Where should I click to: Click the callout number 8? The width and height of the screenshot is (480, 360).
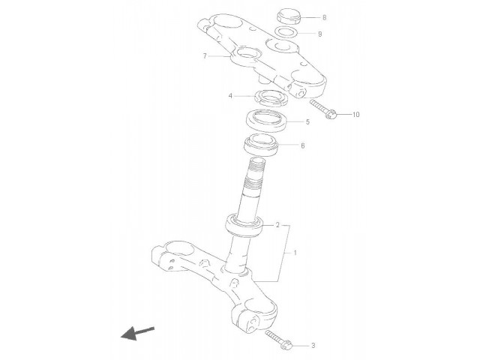click(325, 17)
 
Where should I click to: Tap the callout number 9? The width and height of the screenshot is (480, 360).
click(320, 34)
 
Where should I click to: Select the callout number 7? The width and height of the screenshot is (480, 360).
click(205, 56)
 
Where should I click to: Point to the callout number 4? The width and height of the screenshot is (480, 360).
click(230, 96)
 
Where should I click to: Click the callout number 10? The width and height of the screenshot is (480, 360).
click(355, 115)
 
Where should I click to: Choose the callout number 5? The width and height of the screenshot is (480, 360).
click(307, 121)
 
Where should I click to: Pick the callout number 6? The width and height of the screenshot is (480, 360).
click(303, 145)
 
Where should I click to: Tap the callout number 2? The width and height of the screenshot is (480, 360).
click(277, 225)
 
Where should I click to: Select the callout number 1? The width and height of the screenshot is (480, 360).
click(295, 253)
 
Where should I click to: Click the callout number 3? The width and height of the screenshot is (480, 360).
click(313, 346)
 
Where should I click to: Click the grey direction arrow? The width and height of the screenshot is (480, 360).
click(137, 333)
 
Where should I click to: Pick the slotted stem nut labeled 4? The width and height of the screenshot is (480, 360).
click(271, 98)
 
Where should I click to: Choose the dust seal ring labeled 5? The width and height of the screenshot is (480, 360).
click(267, 121)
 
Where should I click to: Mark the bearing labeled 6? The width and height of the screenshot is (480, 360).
click(261, 145)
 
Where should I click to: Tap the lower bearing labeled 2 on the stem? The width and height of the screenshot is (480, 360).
click(244, 226)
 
